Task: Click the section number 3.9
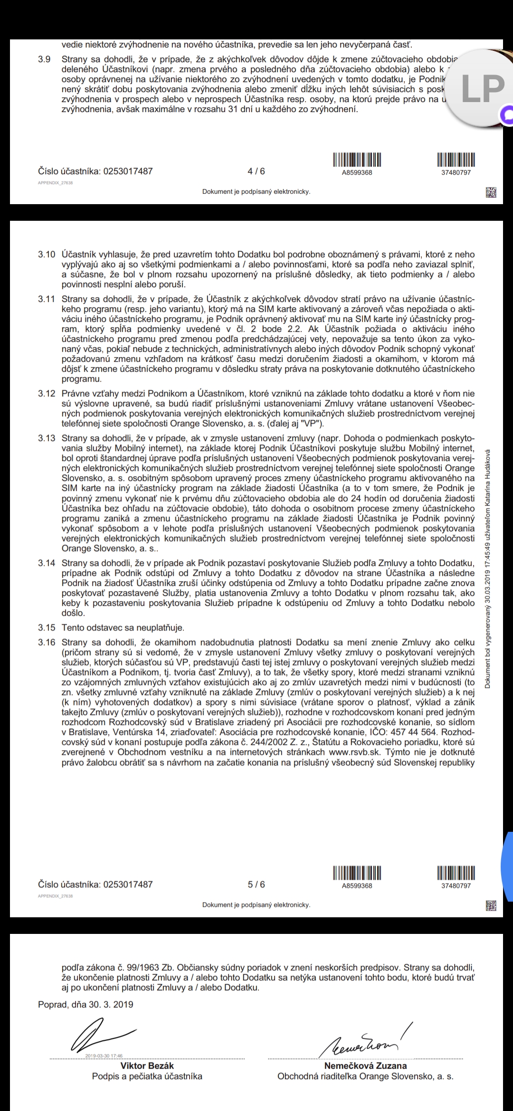pos(44,59)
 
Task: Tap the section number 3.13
pos(47,438)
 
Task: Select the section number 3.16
pos(47,642)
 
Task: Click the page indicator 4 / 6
pos(256,171)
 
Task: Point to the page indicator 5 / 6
pos(256,885)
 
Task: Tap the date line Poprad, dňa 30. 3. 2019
pos(85,1004)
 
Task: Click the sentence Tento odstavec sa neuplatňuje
pos(123,628)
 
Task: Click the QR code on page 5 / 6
pos(491,906)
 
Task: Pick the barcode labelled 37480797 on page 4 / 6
pos(456,159)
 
